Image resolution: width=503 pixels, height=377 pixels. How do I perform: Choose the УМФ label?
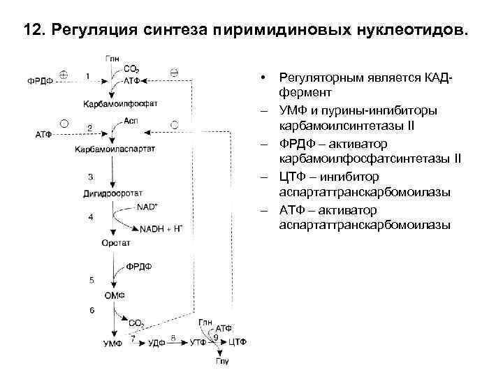[x=113, y=343]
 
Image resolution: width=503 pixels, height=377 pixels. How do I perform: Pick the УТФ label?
[x=198, y=343]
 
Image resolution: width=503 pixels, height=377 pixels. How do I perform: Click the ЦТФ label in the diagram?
[x=239, y=343]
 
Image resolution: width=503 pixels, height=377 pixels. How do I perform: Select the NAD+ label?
[x=147, y=207]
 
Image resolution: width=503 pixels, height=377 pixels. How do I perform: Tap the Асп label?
[x=131, y=119]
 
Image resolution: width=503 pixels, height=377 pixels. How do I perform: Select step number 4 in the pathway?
[x=90, y=217]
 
